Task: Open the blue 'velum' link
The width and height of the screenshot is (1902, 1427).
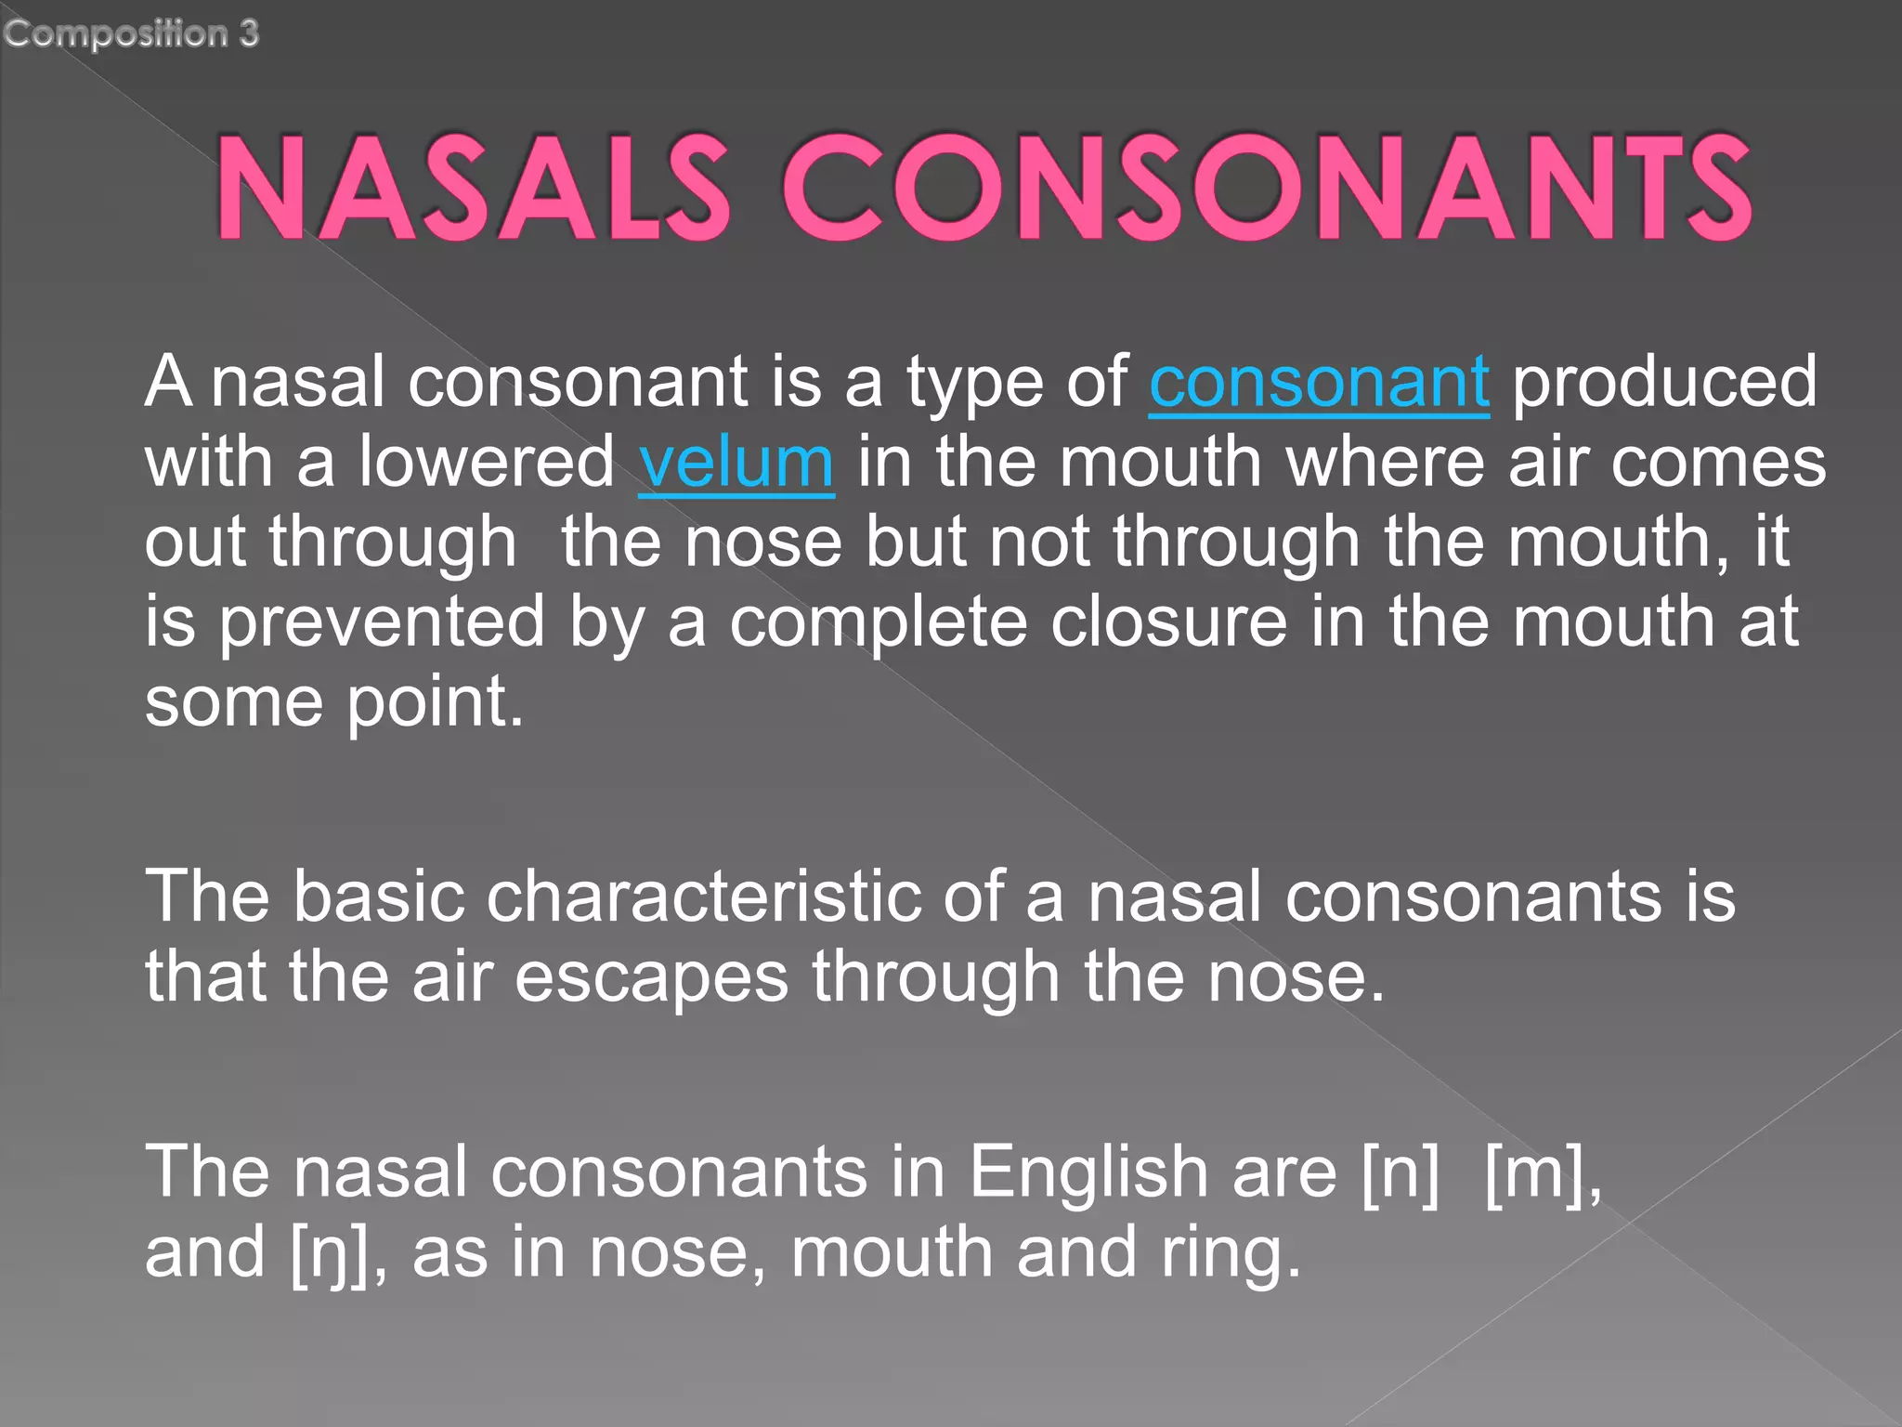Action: tap(736, 462)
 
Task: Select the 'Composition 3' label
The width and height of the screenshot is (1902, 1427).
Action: tap(131, 33)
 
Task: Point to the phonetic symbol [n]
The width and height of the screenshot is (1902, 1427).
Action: tap(1400, 1172)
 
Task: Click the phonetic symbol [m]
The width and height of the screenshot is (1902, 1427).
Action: tap(1541, 1172)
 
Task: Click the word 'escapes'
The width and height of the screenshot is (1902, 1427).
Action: tap(651, 977)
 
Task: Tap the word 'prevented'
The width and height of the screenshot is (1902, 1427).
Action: tap(382, 622)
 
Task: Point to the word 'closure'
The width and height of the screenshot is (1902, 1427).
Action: tap(1168, 622)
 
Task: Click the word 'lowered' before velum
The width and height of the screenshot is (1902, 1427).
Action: tap(487, 462)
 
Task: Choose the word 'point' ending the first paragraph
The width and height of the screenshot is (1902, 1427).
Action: tap(435, 702)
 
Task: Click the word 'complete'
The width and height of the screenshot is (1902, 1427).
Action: tap(878, 622)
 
